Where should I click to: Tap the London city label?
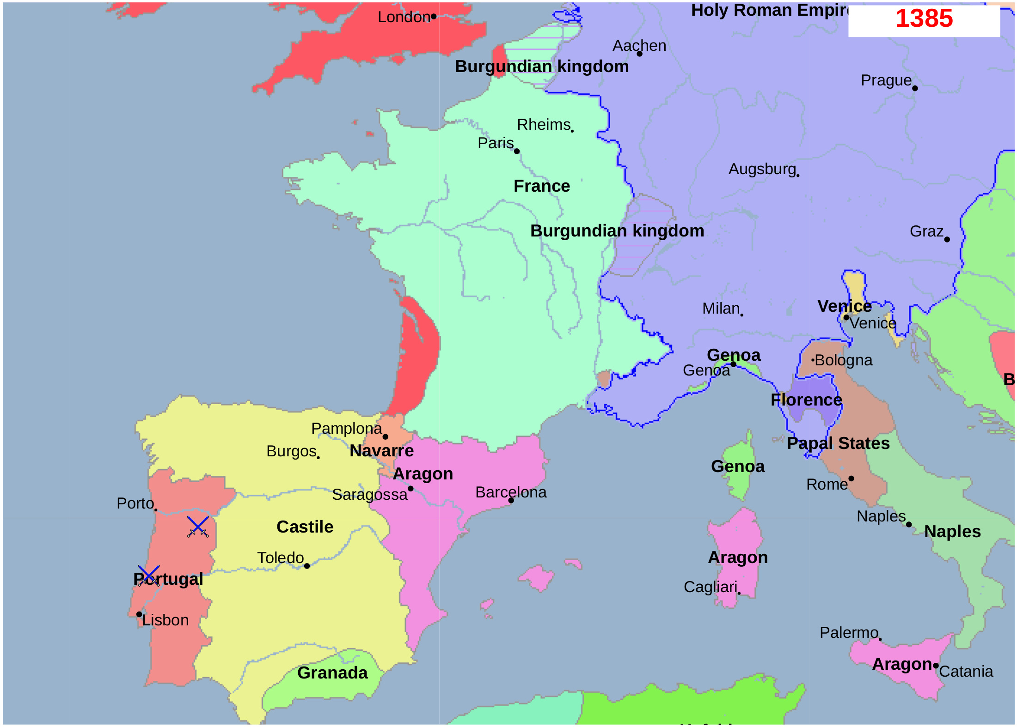coord(404,17)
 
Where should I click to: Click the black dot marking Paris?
coord(517,151)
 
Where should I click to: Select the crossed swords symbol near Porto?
coord(198,527)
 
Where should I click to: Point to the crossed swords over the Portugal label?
coord(148,575)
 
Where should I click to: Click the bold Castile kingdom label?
coord(305,527)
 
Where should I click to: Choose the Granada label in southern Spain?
coord(332,672)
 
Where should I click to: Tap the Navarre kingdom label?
coord(381,450)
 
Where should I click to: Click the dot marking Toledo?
coord(307,566)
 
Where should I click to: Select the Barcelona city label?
coord(510,492)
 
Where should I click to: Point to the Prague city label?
coord(886,80)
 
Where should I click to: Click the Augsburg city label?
coord(762,169)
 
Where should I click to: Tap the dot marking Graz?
coord(947,239)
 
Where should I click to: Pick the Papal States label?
coord(838,443)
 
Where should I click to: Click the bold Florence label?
coord(806,400)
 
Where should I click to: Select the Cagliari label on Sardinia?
coord(710,587)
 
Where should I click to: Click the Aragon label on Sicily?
coord(901,664)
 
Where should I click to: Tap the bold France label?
coord(542,186)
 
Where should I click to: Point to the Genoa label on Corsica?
coord(738,466)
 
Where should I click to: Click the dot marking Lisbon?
coord(139,614)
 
